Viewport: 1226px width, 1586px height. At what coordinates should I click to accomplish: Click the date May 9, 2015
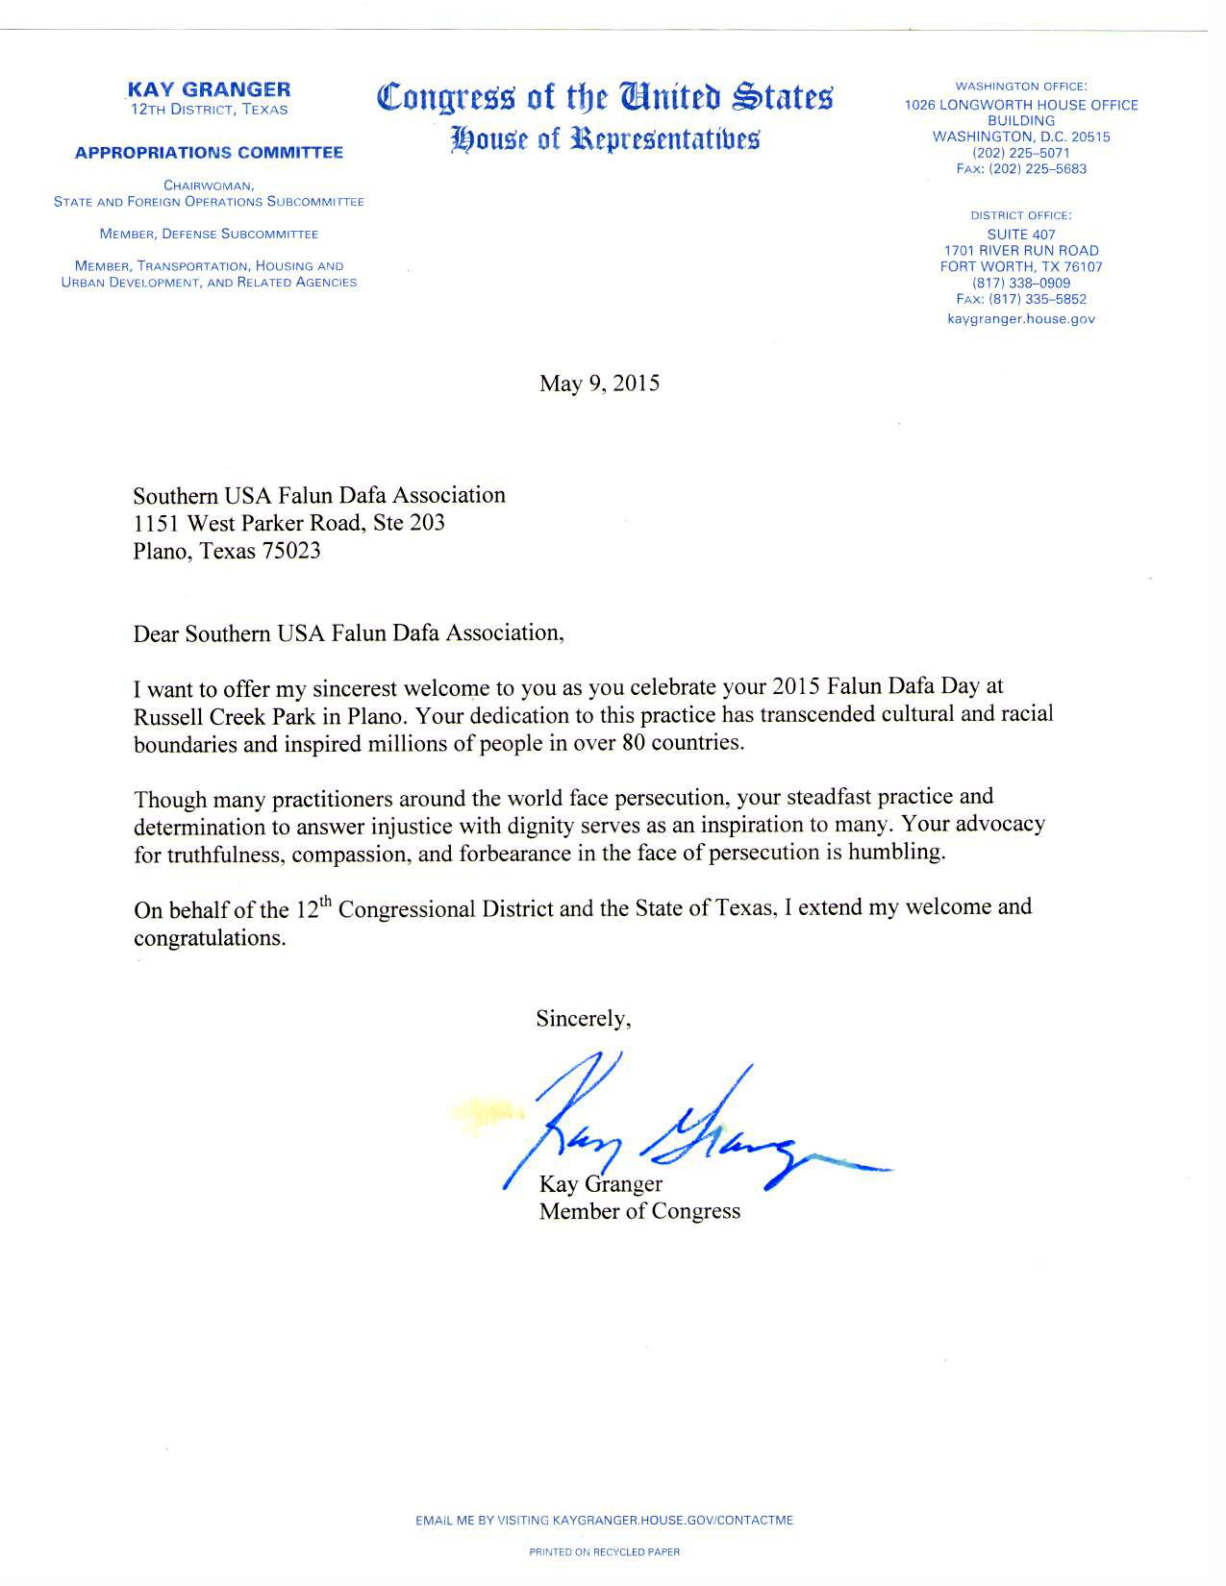coord(599,384)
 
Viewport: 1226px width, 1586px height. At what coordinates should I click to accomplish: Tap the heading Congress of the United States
coord(606,97)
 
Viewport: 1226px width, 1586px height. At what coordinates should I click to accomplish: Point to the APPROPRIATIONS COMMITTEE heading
coord(209,153)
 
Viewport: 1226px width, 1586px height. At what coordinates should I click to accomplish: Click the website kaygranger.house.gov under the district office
coord(1021,319)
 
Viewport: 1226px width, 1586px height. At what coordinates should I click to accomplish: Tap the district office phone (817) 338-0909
coord(1021,284)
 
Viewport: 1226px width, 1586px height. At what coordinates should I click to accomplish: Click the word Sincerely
coord(584,1019)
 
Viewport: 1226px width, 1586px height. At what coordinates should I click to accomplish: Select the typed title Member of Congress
coord(639,1211)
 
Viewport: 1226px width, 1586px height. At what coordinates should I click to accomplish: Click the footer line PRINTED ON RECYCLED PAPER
coord(605,1551)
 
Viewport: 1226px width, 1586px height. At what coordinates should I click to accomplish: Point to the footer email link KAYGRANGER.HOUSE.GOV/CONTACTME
coord(673,1521)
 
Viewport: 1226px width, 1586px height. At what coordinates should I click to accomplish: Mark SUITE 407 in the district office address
coord(1021,235)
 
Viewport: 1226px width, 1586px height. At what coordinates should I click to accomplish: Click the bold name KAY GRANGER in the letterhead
coord(209,89)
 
